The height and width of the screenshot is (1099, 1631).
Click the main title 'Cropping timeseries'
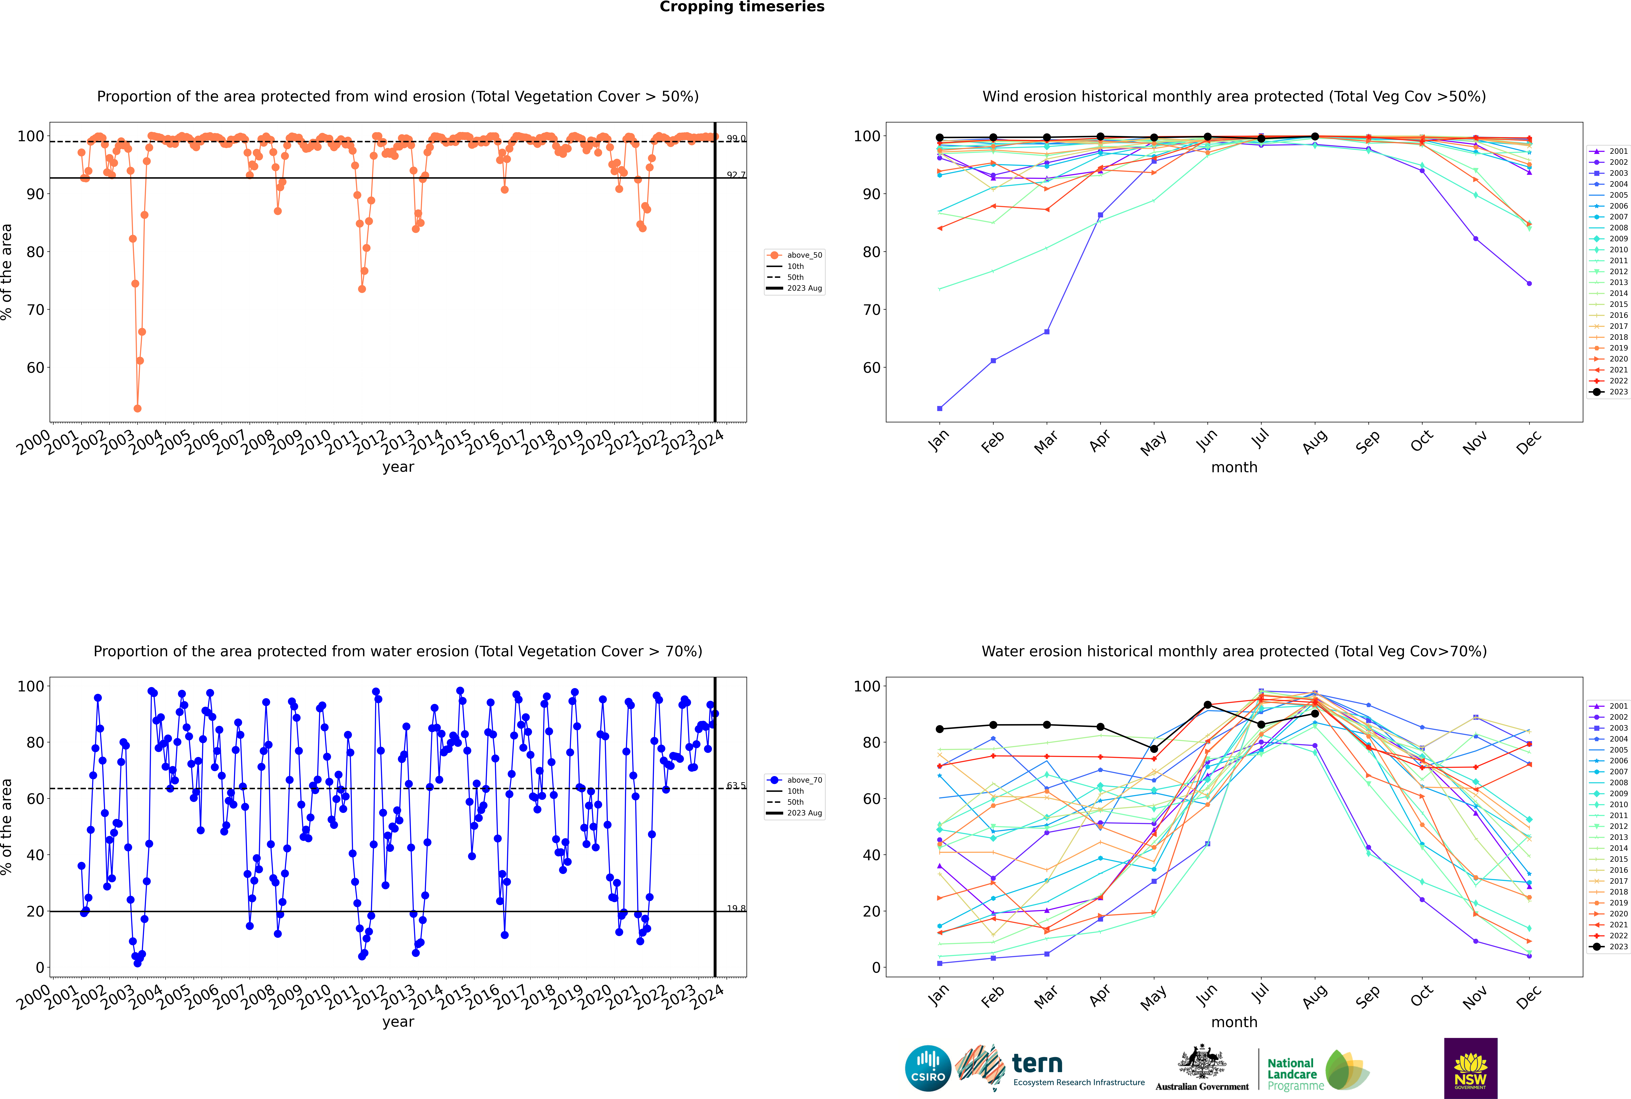point(742,7)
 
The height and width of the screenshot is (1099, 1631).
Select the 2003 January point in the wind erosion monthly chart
point(940,408)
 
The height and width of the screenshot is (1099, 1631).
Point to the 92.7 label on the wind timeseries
point(736,175)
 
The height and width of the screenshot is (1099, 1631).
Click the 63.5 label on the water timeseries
point(736,786)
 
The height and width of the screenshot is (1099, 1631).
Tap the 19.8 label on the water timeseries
point(736,908)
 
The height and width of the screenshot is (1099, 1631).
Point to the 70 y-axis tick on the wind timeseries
point(35,310)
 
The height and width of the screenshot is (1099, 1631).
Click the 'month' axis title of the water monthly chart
point(1234,1023)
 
